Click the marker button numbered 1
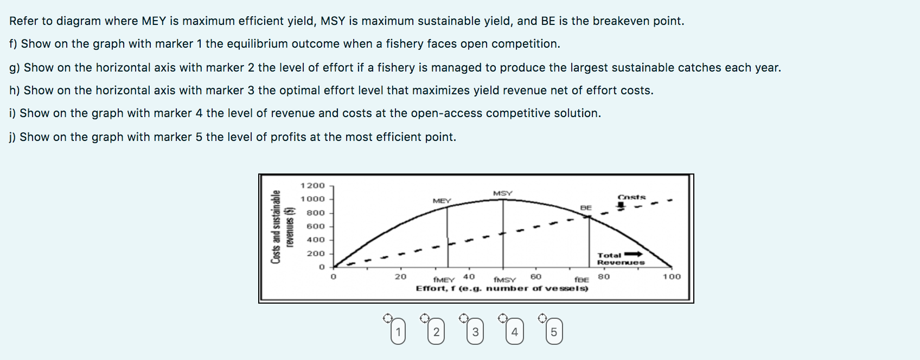(398, 332)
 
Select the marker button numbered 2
(437, 332)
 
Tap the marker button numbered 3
(476, 332)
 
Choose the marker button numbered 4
(515, 332)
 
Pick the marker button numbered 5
(554, 332)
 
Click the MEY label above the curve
(442, 201)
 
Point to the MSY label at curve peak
(503, 193)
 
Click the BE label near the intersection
(586, 208)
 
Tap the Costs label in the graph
(631, 197)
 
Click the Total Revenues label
(620, 259)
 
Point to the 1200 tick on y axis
(312, 185)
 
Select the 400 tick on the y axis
(315, 240)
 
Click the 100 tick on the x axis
(671, 277)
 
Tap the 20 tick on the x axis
(400, 277)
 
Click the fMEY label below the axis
(444, 280)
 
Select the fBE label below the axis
(582, 280)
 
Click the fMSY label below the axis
(504, 280)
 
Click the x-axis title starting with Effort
(502, 288)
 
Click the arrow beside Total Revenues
(634, 254)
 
